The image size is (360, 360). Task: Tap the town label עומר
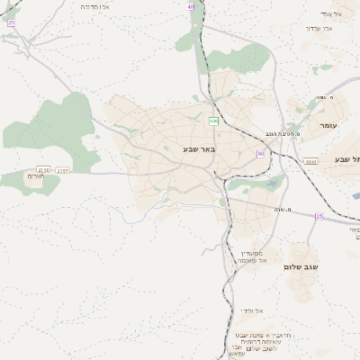click(x=327, y=125)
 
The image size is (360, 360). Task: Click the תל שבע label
click(x=347, y=158)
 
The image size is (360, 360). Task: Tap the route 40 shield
click(x=191, y=6)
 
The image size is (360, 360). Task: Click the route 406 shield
click(x=213, y=121)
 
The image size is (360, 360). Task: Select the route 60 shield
click(x=260, y=154)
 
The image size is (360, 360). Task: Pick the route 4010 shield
click(x=310, y=161)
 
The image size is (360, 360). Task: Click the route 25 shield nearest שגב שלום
click(x=319, y=216)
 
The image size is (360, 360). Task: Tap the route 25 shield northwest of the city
click(x=11, y=23)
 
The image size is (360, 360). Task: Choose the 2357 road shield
click(x=62, y=169)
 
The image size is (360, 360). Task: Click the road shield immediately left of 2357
click(x=43, y=169)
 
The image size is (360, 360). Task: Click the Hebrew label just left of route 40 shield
click(x=94, y=6)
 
